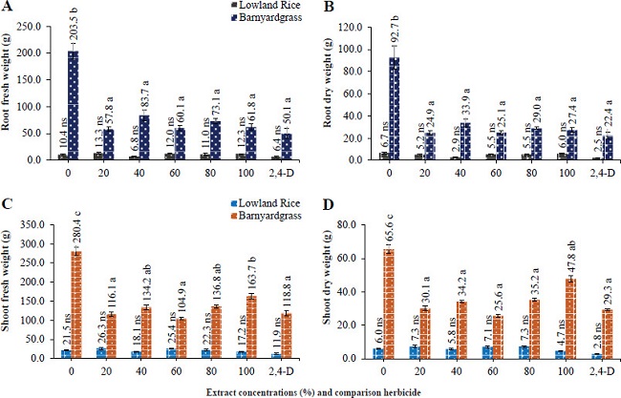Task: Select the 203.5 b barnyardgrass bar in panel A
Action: (73, 105)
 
